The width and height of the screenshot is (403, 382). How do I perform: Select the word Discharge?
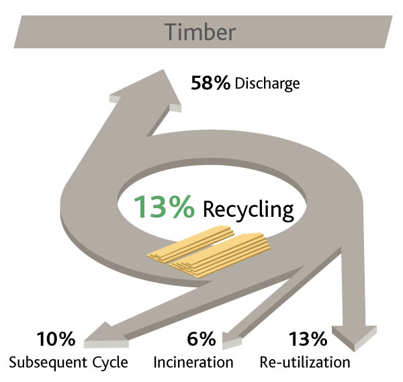[267, 85]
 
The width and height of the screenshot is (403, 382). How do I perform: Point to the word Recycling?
[249, 209]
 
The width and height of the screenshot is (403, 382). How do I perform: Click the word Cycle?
[109, 363]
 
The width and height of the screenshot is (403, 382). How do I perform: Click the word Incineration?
[193, 363]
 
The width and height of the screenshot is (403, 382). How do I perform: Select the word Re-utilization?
[305, 363]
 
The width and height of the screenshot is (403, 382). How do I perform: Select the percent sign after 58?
[224, 83]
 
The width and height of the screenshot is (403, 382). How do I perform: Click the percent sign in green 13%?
[181, 207]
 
